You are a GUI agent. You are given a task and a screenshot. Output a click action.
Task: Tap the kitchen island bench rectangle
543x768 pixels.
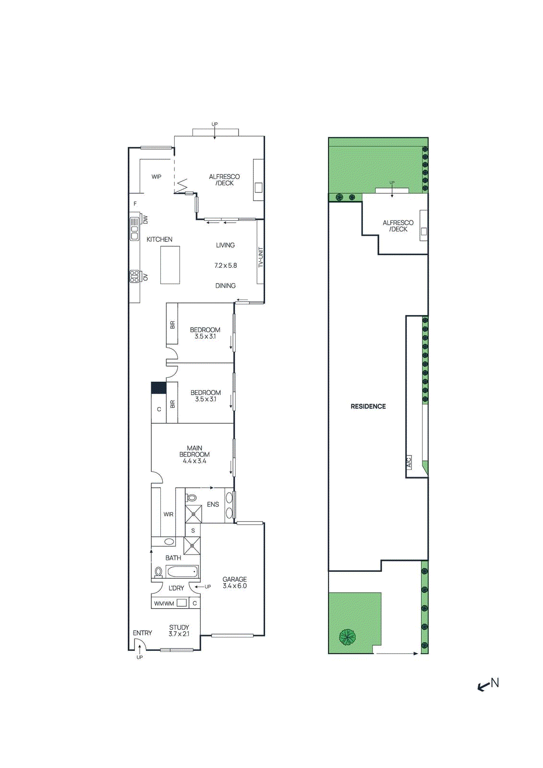point(170,265)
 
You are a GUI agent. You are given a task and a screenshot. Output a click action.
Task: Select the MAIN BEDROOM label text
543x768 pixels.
point(194,454)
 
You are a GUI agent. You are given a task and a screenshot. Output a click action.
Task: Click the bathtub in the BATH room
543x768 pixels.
point(182,572)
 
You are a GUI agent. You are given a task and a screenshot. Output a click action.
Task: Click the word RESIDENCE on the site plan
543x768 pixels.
point(368,406)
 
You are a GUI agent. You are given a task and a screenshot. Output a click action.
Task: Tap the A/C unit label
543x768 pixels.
point(409,462)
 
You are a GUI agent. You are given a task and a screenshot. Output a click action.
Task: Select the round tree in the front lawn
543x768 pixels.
point(347,637)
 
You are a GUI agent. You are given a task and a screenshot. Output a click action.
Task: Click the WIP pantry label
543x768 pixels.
point(157,177)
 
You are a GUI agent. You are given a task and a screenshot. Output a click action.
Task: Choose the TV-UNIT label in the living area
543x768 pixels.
point(261,257)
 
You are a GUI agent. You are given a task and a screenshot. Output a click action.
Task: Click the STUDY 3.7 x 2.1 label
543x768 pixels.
point(179,630)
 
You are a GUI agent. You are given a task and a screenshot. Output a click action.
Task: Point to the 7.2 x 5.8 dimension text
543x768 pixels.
point(226,265)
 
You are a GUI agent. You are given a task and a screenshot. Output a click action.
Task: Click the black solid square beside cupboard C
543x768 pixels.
point(158,388)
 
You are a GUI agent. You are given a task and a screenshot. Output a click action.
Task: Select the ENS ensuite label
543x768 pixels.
point(213,504)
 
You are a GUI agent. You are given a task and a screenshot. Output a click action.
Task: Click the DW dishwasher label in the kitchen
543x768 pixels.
point(145,219)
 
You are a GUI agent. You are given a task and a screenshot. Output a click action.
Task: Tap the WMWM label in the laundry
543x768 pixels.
point(164,603)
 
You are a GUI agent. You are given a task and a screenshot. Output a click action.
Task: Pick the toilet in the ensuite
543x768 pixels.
point(191,497)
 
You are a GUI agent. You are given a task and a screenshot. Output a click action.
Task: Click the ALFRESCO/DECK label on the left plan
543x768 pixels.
point(224,180)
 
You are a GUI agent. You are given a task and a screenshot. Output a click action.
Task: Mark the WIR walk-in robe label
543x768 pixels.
point(168,514)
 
